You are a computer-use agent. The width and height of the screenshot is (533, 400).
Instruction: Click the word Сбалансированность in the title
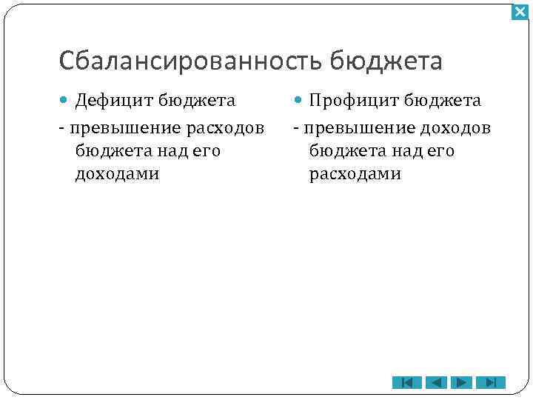click(x=190, y=61)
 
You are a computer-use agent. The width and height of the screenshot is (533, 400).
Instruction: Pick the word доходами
click(x=117, y=174)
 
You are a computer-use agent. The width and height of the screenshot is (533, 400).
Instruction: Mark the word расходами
click(x=355, y=174)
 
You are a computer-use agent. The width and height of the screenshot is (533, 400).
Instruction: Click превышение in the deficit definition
click(x=125, y=128)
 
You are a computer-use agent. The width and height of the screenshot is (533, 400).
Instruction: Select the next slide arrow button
click(x=463, y=382)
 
